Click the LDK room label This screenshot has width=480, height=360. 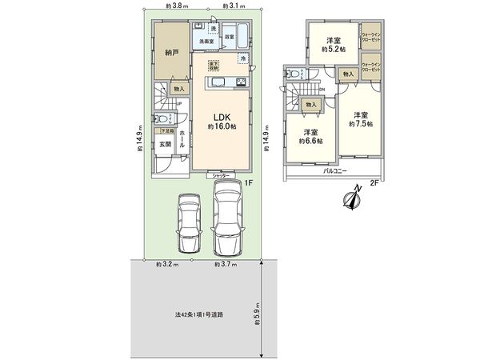[222, 117]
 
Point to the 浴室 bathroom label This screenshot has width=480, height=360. [230, 38]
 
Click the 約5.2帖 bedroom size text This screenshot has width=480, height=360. [334, 50]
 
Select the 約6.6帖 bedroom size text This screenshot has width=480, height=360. [311, 141]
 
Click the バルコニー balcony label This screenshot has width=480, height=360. [334, 171]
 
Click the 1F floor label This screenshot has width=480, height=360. [249, 183]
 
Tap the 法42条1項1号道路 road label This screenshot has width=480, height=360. [199, 314]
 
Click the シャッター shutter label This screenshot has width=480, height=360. [222, 174]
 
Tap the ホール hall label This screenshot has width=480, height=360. [182, 144]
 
